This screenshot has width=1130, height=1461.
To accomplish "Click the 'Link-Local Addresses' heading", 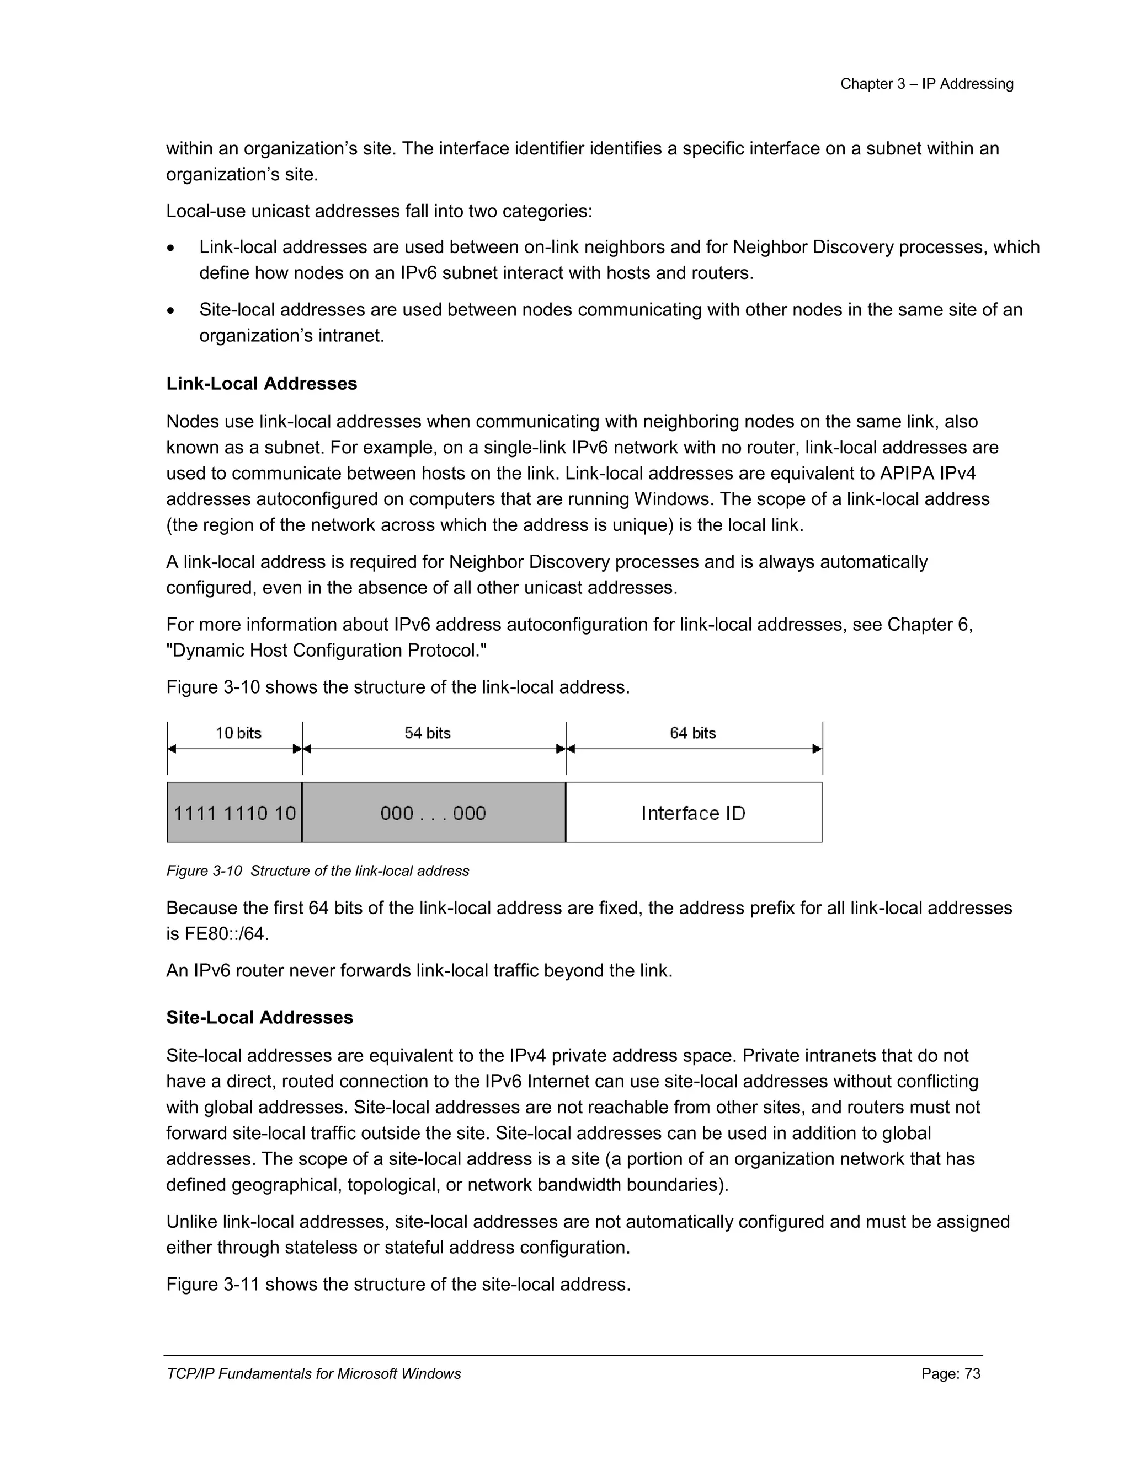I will (x=261, y=384).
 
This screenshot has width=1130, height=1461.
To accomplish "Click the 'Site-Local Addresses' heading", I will (x=259, y=1018).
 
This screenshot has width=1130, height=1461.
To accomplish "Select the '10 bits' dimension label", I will (x=238, y=733).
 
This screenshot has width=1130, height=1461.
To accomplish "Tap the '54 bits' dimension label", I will (x=427, y=733).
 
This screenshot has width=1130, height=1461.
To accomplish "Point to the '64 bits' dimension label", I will (x=693, y=733).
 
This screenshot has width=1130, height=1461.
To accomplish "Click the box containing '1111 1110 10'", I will (x=234, y=813).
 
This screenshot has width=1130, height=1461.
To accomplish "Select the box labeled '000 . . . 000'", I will (x=433, y=813).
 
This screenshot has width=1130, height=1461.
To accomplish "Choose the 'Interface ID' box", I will (x=694, y=813).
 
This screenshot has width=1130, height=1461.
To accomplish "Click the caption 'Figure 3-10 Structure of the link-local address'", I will (x=317, y=871).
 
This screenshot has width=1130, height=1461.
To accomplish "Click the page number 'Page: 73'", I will (x=951, y=1374).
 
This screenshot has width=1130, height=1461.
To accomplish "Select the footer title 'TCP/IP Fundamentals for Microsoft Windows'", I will (x=313, y=1374).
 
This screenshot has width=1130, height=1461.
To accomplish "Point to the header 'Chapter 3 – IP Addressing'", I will (x=926, y=84).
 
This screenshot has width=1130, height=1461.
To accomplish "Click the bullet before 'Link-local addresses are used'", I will (x=172, y=248).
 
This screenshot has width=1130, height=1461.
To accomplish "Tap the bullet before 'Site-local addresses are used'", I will (x=172, y=311).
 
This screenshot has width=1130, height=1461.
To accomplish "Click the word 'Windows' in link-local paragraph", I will (x=681, y=499).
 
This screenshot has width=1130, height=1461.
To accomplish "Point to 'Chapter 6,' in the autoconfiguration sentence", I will (x=930, y=625).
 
